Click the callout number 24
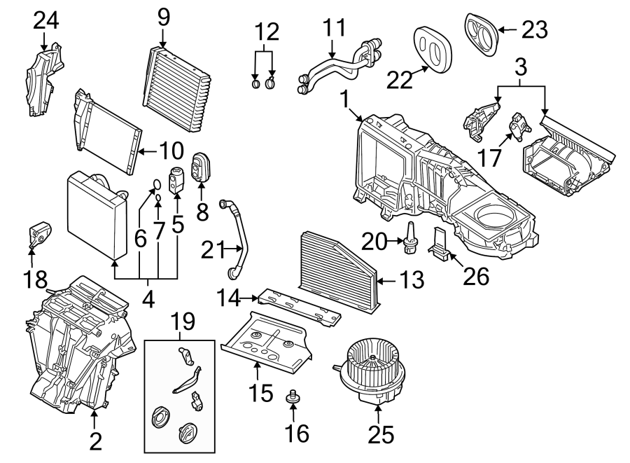point(46,21)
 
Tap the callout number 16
point(297,434)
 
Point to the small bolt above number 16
point(293,399)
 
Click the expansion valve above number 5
point(177,178)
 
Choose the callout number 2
point(95,441)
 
